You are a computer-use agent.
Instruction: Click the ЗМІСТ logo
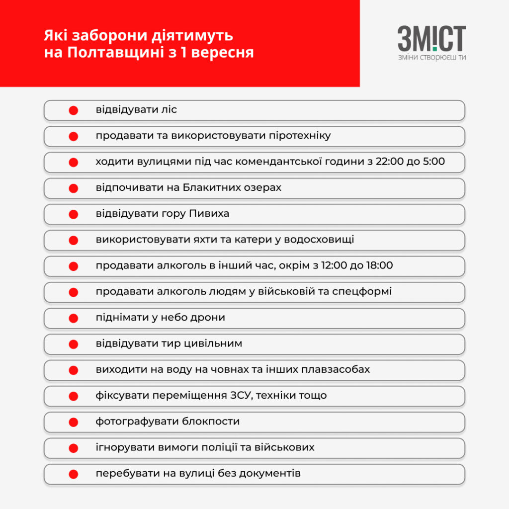pos(431,39)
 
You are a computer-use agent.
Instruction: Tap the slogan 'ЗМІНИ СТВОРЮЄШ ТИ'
pos(431,57)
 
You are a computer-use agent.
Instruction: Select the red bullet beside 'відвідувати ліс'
pos(73,110)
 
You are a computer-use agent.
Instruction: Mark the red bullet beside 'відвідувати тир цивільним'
pos(73,344)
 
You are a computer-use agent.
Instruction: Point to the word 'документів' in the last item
pos(270,474)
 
